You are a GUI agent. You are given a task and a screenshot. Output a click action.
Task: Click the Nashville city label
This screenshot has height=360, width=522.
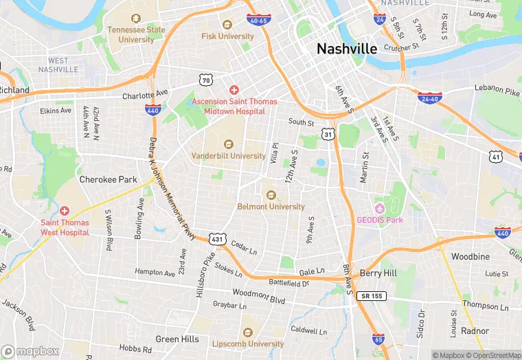pos(347,49)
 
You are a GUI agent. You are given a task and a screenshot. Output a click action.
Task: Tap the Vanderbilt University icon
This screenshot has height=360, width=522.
pos(229,144)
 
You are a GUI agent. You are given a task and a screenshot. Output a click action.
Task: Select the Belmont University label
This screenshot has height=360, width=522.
pos(271,206)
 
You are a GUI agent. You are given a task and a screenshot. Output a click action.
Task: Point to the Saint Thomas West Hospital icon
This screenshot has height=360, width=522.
pos(64,211)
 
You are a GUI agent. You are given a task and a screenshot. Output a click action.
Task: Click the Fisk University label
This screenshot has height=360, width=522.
pos(228,36)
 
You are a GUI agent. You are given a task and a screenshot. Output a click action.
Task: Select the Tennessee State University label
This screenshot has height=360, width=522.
pos(136,34)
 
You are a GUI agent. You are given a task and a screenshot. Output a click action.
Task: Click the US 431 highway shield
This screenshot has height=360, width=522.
pos(217,238)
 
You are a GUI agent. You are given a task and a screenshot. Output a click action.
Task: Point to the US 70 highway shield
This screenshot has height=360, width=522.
pos(205,80)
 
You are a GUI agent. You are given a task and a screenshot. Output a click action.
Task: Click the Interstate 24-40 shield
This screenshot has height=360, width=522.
pos(429,98)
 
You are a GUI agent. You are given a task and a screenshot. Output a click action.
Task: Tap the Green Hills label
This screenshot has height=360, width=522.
pos(177,339)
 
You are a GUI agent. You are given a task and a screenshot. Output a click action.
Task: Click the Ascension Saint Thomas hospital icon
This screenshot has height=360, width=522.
pos(234,90)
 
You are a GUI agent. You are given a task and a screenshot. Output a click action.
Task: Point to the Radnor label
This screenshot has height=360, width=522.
pos(475,330)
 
